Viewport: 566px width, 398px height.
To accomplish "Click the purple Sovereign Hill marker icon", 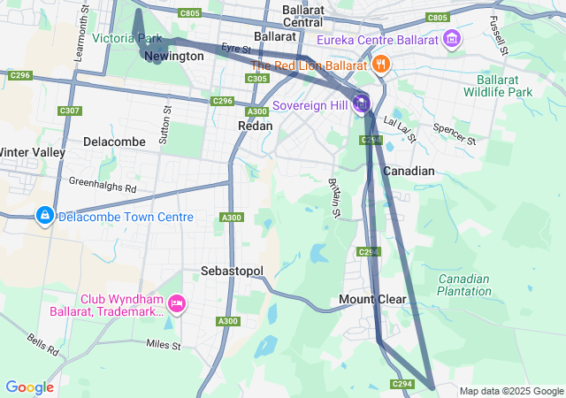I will pos(361,104).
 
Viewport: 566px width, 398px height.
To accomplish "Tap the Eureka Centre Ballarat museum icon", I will pos(452,39).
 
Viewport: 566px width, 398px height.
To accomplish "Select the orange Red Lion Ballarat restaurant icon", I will pos(380,64).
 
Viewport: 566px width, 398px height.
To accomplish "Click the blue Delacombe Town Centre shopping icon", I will pos(44,216).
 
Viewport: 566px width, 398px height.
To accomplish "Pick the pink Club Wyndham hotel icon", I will pos(176,305).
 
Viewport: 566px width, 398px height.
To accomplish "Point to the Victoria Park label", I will pos(126,39).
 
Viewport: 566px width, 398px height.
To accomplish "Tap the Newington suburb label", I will pos(173,57).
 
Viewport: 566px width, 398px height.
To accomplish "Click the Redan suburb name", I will pos(255,126).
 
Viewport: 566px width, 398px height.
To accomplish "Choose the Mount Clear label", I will pos(372,300).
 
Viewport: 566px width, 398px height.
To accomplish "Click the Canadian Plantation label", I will pos(463,285).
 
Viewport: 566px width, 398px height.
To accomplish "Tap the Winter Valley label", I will pos(32,152).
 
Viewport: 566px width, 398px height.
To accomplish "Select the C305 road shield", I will pos(257,79).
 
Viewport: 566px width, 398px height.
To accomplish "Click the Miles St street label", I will pos(163,343).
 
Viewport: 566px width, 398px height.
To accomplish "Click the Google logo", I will pos(29,387).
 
